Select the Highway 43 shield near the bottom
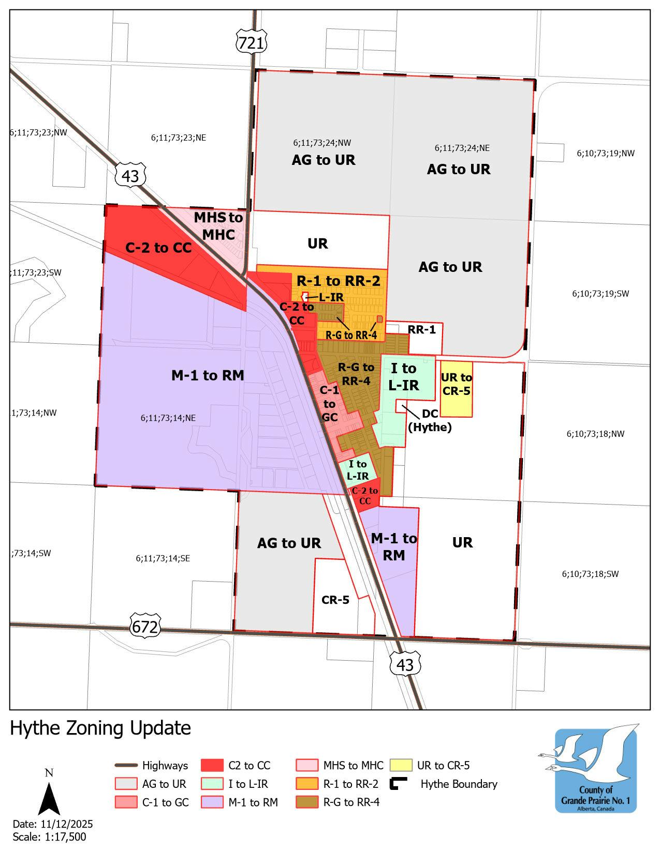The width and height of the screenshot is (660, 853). click(405, 664)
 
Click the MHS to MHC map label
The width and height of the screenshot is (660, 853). click(218, 226)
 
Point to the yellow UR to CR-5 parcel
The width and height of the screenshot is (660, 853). click(456, 389)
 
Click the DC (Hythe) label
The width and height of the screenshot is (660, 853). click(430, 421)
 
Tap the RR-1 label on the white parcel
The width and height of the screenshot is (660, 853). click(421, 330)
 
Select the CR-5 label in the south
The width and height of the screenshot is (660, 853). click(335, 600)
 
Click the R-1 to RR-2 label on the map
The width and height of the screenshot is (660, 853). click(338, 281)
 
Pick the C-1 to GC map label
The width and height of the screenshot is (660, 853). click(329, 404)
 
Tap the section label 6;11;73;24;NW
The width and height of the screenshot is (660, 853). click(322, 143)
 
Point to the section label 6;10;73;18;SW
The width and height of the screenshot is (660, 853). click(590, 574)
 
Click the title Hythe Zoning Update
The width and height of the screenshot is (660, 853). click(100, 728)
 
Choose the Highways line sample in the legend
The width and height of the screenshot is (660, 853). click(125, 766)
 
